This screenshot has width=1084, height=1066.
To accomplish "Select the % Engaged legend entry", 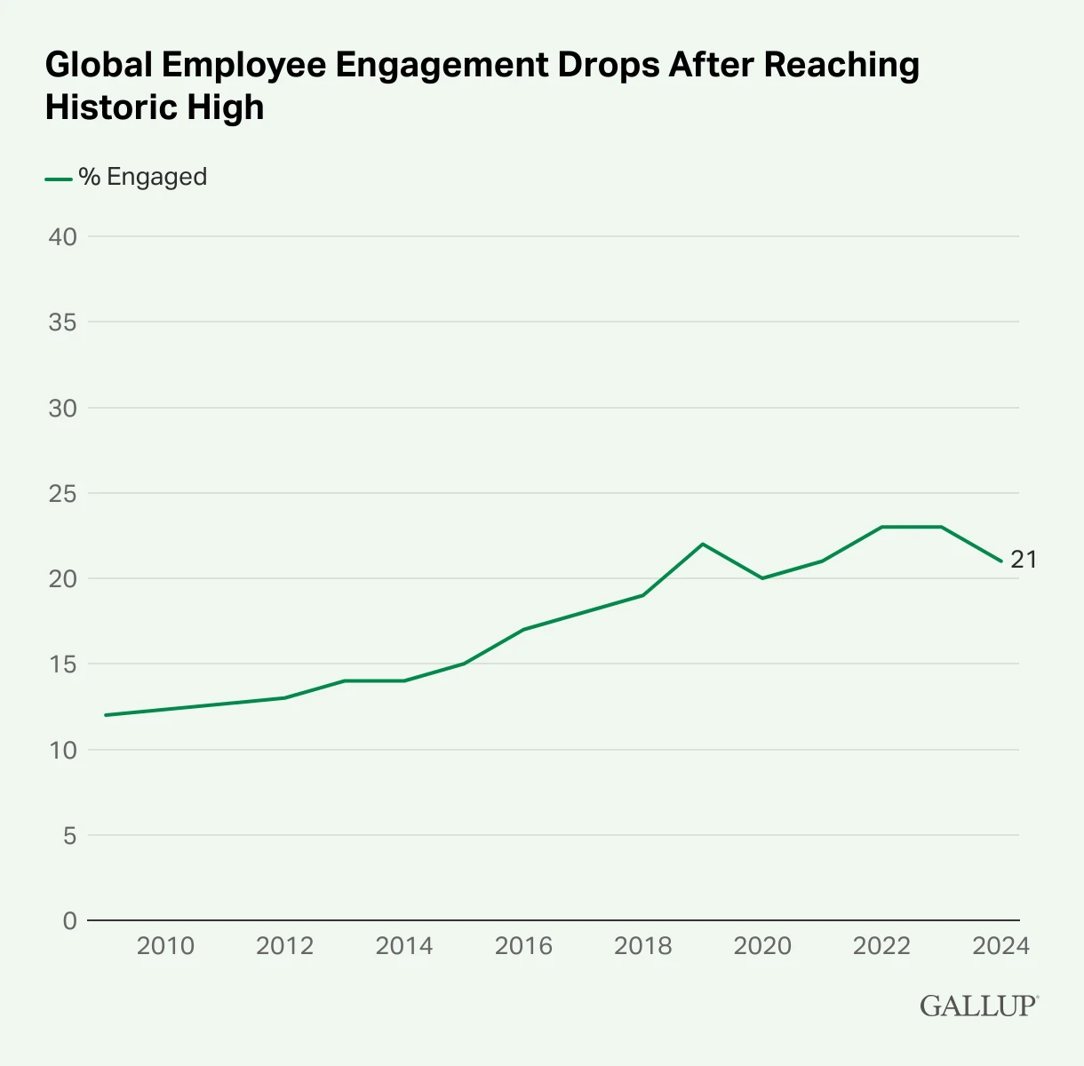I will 142,177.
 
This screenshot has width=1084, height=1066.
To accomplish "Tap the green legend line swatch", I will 58,179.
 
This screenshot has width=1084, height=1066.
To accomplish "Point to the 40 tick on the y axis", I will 63,237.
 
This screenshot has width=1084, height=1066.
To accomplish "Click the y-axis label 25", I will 63,493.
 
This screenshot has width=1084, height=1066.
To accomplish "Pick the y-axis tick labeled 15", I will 63,664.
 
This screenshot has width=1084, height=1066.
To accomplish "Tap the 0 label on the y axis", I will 70,921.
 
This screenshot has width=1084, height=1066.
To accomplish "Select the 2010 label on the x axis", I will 165,946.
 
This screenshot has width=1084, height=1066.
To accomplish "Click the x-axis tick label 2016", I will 523,946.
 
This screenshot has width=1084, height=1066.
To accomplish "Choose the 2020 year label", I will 762,946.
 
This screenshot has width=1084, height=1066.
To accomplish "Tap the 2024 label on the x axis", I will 1000,946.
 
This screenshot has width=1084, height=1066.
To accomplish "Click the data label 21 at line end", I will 1024,560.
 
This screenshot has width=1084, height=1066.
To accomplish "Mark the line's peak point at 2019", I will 703,544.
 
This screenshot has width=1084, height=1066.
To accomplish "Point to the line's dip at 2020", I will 762,578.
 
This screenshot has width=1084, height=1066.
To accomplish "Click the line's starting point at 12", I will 106,715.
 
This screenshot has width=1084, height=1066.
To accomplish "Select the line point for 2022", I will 881,527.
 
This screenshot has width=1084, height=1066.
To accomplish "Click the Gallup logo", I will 978,1006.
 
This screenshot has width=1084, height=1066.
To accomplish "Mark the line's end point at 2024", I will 1001,561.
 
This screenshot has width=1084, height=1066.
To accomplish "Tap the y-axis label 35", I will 63,322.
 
